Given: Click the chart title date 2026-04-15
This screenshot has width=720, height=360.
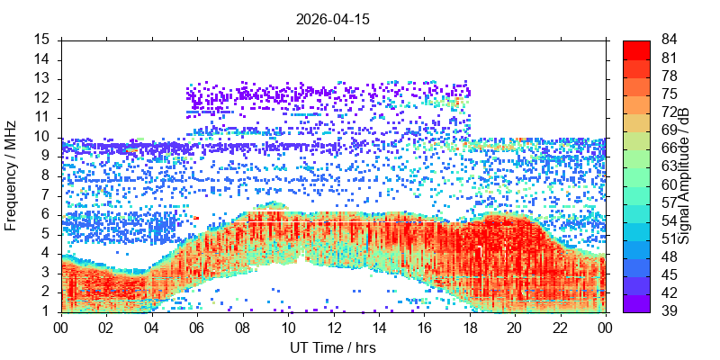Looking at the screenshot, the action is [x=332, y=19].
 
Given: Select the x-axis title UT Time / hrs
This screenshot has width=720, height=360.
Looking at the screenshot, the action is [x=333, y=347].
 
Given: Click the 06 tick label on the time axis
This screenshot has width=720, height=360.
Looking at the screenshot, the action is [x=197, y=328].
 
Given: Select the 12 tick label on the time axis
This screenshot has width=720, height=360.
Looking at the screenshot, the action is [x=334, y=328].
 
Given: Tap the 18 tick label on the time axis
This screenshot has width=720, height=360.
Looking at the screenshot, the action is [x=470, y=328].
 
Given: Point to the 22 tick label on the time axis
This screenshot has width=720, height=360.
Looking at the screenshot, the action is [x=561, y=328].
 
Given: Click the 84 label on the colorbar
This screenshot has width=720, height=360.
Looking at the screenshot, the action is [x=669, y=40].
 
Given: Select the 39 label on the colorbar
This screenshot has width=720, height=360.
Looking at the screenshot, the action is [x=669, y=310].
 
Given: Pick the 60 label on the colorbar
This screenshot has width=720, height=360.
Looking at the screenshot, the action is [x=669, y=184].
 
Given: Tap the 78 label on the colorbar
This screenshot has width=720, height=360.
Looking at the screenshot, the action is [x=669, y=76].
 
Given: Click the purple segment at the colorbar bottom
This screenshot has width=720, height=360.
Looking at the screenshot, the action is [x=636, y=303].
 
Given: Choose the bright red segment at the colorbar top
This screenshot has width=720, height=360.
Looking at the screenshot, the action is [x=636, y=49].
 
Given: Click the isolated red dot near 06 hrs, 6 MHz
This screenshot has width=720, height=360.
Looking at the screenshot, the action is [x=196, y=218].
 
